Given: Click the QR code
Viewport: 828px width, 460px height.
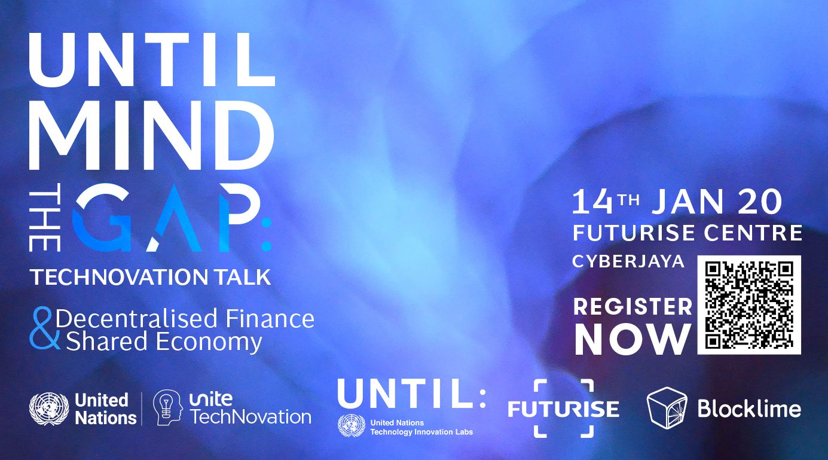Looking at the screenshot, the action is point(749,304).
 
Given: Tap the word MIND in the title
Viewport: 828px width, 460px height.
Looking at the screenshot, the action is point(152,135).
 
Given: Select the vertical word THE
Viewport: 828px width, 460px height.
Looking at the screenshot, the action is point(45,221).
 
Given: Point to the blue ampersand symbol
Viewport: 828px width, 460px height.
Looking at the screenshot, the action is point(44,328).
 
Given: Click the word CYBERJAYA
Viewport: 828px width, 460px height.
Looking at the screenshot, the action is point(628,261).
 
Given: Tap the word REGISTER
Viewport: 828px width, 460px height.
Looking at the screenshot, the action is point(633,306).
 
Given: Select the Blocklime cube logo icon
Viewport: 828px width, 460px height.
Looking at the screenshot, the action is point(667,408).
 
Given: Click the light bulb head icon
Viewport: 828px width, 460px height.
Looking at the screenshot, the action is point(168,407).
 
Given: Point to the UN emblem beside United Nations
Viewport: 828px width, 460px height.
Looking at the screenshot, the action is point(49,409).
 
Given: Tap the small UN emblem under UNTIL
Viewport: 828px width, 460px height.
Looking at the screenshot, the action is point(351,425).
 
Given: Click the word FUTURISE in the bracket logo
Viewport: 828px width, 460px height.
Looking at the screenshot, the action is point(563,409).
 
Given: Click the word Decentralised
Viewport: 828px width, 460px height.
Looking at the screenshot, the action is point(136,318).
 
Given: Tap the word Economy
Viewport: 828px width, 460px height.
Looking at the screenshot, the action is point(209,342).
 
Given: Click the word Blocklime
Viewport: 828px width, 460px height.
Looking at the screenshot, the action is point(749,409).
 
